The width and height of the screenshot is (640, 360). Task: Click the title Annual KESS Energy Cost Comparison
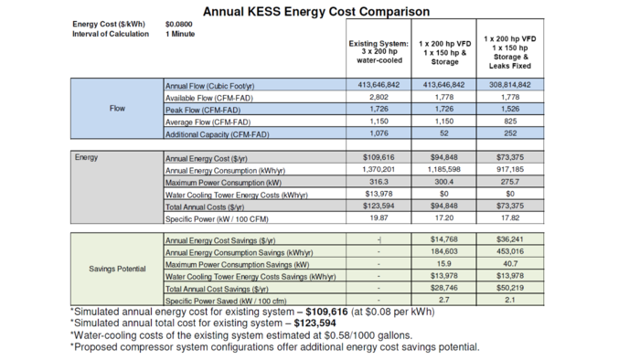[315, 12]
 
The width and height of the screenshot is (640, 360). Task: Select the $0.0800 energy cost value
[179, 24]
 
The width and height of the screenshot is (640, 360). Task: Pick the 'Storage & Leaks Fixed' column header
[508, 54]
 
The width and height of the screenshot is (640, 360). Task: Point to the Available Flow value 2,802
[379, 97]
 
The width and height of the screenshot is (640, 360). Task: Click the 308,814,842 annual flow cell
[508, 84]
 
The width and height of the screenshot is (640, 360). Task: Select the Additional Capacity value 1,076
[379, 134]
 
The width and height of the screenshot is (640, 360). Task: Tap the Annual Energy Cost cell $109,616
[379, 157]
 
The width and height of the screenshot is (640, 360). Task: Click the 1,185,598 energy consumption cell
[444, 170]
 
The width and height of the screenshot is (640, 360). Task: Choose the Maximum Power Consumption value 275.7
[508, 182]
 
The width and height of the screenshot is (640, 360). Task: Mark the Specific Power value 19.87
[379, 219]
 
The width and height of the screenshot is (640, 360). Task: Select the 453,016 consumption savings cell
[508, 251]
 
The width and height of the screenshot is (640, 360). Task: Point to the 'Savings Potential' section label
[117, 270]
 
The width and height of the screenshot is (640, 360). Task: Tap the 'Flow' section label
[117, 109]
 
